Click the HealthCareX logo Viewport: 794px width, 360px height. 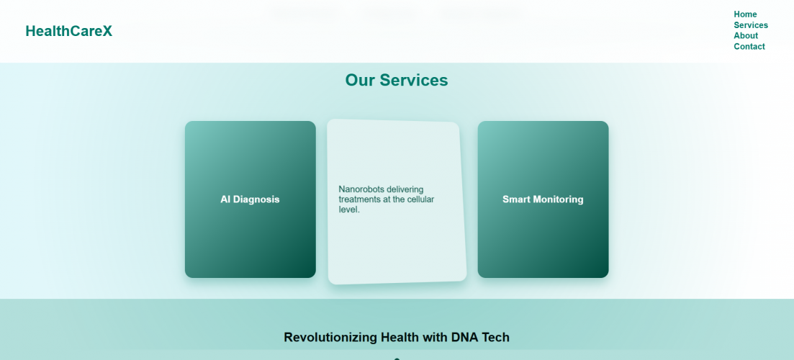[68, 31]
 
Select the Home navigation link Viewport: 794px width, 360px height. [745, 14]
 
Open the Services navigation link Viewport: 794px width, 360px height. [751, 25]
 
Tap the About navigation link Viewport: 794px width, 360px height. [746, 36]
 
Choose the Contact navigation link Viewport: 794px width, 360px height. [749, 47]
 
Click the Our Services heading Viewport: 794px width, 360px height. [396, 80]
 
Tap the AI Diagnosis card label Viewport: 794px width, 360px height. [250, 199]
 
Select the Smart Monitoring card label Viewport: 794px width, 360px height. [543, 199]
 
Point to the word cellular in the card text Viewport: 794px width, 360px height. [418, 199]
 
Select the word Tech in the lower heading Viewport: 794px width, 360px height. [496, 337]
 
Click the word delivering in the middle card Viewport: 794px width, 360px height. [405, 189]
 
